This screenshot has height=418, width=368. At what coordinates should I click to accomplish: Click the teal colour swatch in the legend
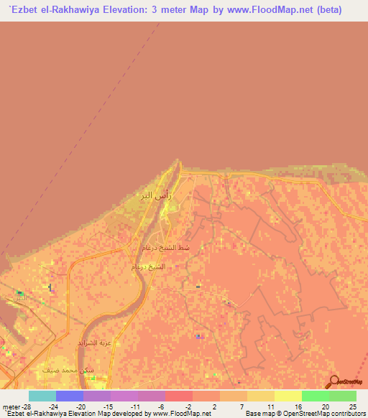pyautogui.click(x=42, y=396)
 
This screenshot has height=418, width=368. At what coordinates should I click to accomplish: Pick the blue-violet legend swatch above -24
pyautogui.click(x=70, y=396)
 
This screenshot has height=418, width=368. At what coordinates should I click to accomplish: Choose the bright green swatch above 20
pyautogui.click(x=316, y=396)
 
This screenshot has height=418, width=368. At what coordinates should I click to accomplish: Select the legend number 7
pyautogui.click(x=241, y=406)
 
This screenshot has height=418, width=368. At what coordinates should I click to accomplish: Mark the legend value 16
pyautogui.click(x=296, y=406)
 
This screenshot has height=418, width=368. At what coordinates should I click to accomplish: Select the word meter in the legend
pyautogui.click(x=10, y=406)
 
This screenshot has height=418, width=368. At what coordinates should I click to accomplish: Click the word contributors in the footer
pyautogui.click(x=344, y=414)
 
